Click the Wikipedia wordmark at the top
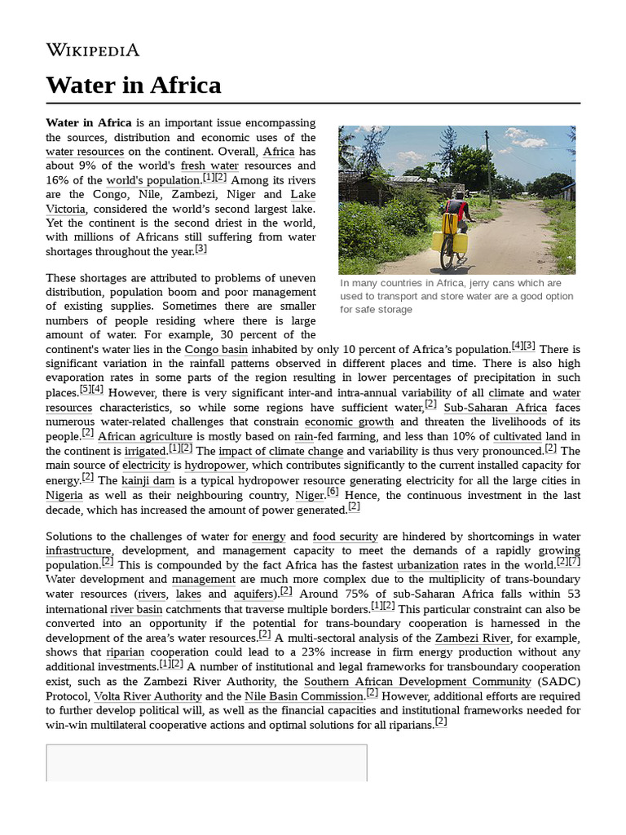click(92, 50)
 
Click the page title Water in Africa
click(133, 85)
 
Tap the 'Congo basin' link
click(216, 349)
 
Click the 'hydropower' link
click(214, 466)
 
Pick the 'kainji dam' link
click(147, 480)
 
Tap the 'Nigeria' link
click(64, 495)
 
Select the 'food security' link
click(345, 537)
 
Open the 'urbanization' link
click(428, 565)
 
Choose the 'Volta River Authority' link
click(147, 696)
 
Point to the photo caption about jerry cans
click(456, 296)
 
